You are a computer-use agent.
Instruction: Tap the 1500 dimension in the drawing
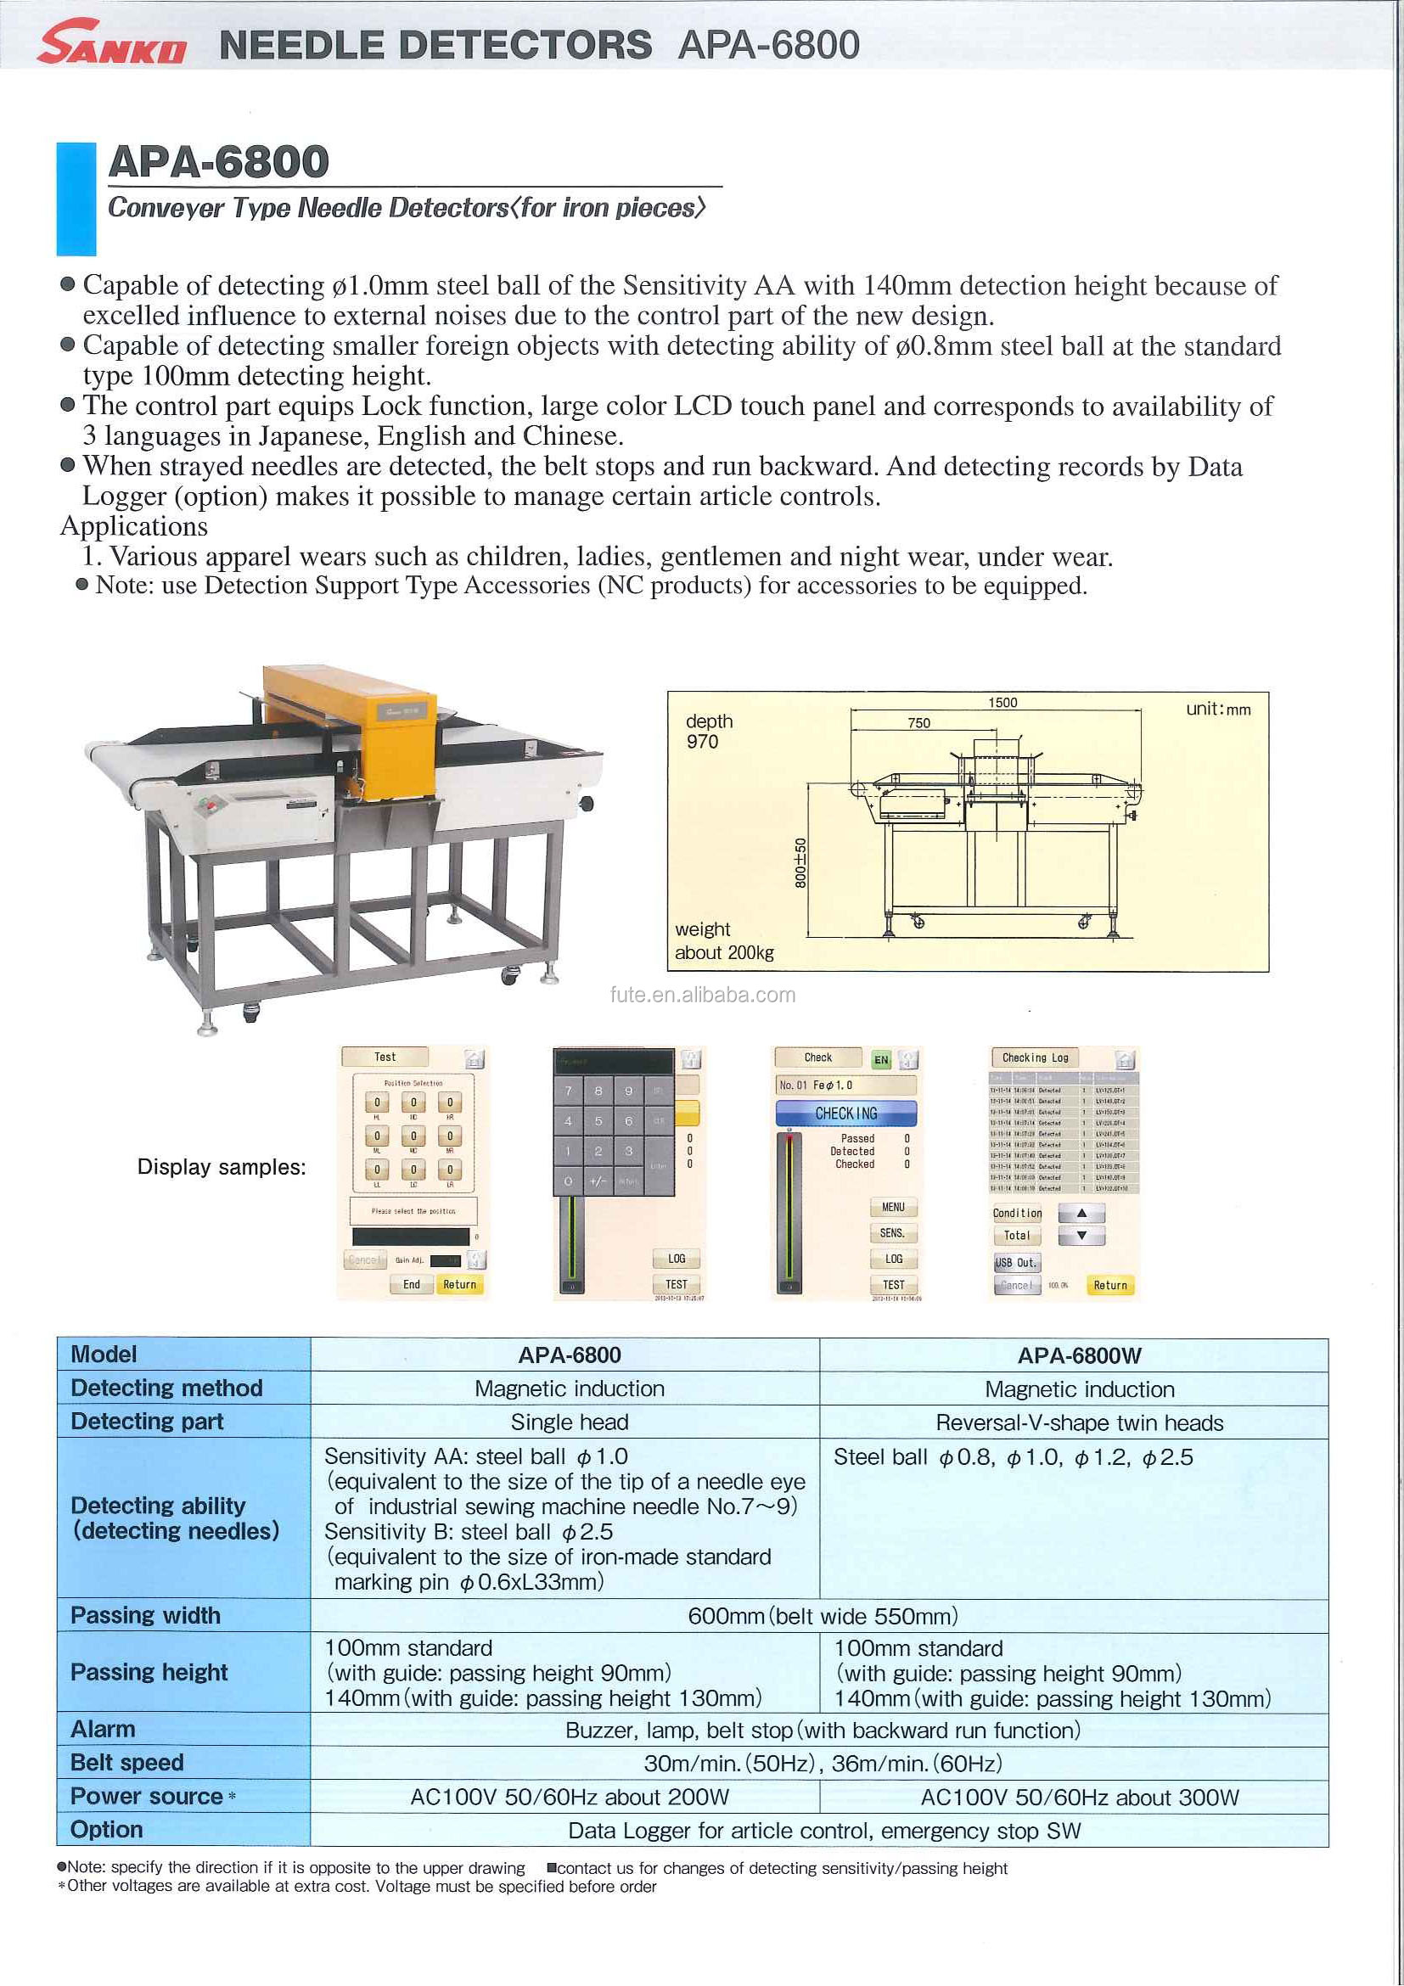1002,703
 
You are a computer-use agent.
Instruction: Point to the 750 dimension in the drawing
918,723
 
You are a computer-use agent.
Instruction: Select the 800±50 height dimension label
800,862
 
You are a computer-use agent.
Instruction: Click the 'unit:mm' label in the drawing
1218,710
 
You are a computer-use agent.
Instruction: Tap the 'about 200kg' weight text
724,952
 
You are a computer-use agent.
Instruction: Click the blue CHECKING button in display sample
845,1114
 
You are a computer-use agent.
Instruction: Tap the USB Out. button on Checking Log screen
1015,1262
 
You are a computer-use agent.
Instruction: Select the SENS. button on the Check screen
892,1232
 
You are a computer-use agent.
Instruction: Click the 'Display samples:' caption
222,1167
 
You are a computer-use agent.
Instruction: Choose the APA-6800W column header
1079,1355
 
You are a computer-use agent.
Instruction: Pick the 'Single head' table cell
570,1422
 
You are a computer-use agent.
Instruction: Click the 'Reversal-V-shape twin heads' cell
1079,1423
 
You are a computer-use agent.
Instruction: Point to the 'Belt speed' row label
127,1763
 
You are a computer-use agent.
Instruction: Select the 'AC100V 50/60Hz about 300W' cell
1079,1798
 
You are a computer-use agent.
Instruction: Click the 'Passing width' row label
145,1616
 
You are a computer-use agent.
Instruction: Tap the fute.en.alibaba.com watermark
703,995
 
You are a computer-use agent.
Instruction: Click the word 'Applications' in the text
134,526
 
